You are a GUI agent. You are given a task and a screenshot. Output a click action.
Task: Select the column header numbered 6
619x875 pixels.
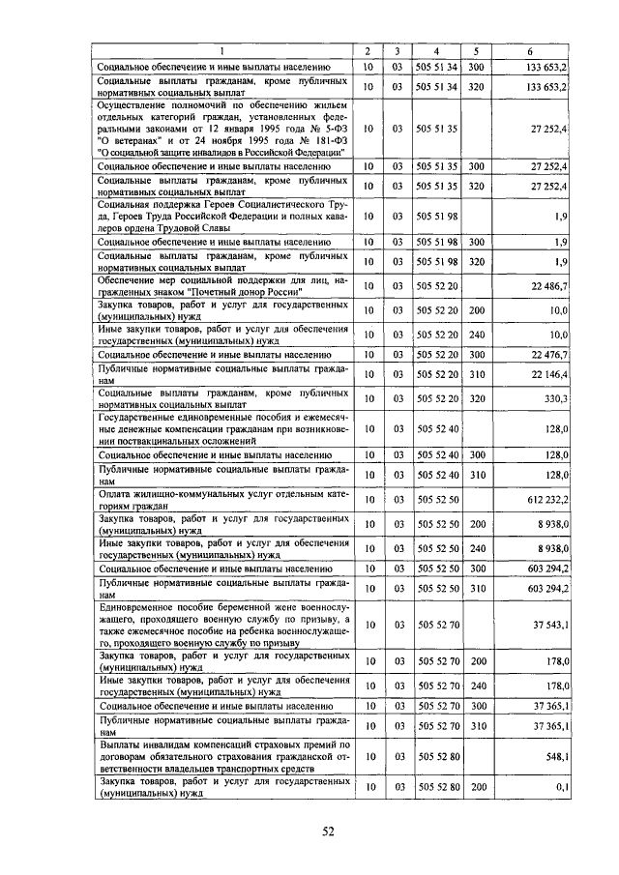click(x=530, y=50)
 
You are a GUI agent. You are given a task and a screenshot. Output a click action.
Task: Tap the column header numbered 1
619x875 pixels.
click(x=222, y=50)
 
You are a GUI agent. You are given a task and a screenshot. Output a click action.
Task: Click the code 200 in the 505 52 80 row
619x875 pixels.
click(x=477, y=788)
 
